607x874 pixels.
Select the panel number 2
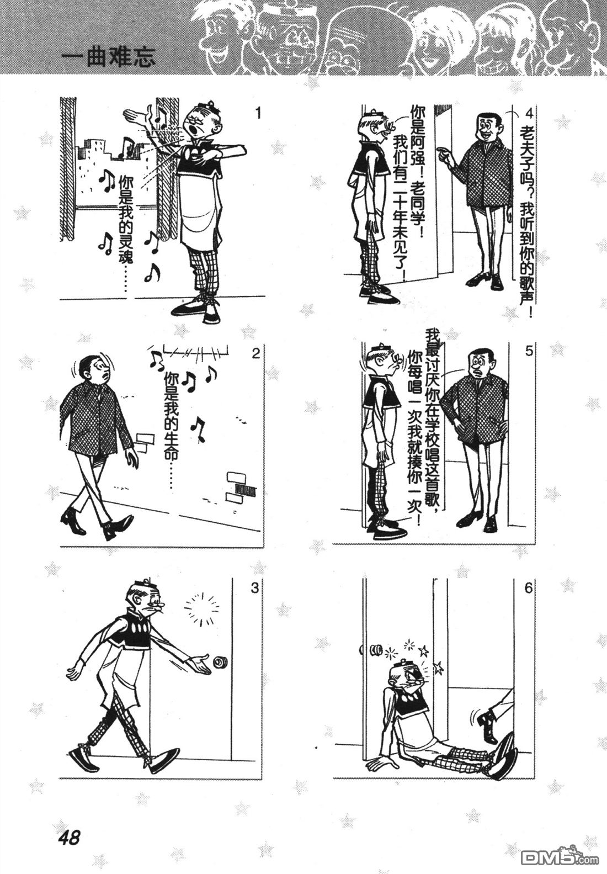(x=255, y=354)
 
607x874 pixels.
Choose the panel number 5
(x=529, y=351)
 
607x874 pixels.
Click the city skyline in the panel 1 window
(x=113, y=168)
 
